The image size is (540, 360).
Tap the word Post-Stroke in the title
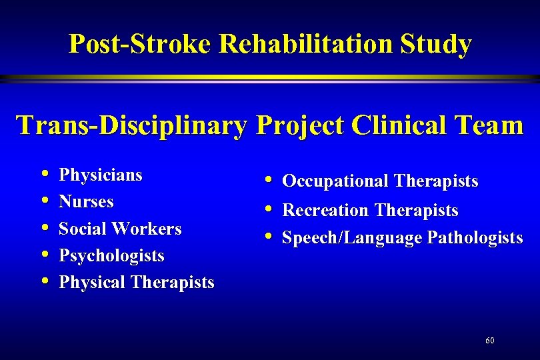coord(141,45)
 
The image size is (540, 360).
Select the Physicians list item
coord(101,175)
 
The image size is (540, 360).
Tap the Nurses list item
coord(86,202)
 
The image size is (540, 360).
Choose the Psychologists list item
coord(111,255)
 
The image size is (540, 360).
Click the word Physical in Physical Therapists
coord(92,282)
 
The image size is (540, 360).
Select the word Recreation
coord(325,211)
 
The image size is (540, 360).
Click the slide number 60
coord(490,341)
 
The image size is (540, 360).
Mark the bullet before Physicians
coord(44,175)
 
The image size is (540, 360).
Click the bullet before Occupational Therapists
coord(267,180)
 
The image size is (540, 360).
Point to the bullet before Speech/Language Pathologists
coord(267,237)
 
